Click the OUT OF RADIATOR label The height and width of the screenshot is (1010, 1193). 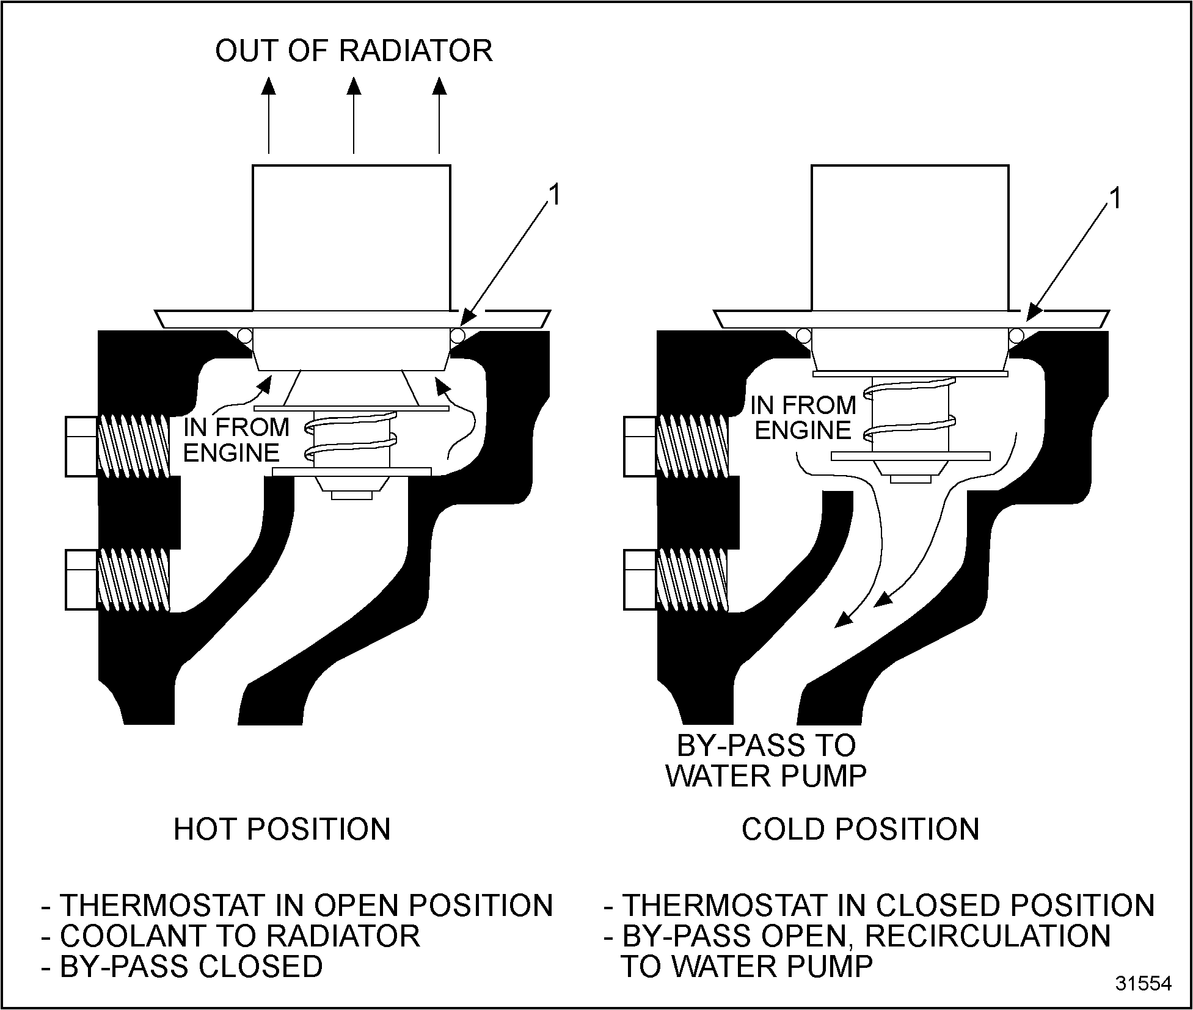354,51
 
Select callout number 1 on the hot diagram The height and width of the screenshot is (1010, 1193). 554,196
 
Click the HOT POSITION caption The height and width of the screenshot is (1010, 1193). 282,830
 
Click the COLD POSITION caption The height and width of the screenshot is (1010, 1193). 860,830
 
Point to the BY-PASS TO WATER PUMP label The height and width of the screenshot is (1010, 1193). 766,761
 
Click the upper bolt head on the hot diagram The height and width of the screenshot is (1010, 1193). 81,446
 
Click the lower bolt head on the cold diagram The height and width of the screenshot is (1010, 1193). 640,580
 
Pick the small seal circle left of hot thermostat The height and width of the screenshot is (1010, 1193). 244,335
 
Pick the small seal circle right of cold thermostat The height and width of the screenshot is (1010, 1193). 1016,335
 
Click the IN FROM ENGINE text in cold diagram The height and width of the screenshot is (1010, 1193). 803,418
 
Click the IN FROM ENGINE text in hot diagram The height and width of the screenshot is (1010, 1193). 236,440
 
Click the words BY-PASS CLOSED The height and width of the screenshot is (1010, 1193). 191,966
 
